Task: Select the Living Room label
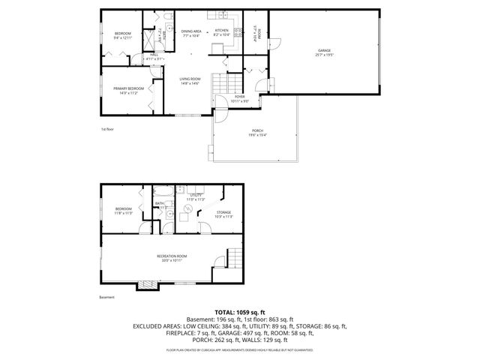coord(190,80)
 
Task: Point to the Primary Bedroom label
coord(125,90)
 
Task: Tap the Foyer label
coord(239,97)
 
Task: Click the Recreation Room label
coord(172,258)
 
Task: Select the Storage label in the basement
coord(223,214)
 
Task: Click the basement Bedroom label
coord(124,210)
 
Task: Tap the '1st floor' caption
coord(107,129)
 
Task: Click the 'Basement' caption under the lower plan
coord(106,297)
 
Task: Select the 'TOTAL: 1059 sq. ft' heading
coord(240,312)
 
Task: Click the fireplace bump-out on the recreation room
coord(146,286)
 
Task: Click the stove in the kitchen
coord(238,31)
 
